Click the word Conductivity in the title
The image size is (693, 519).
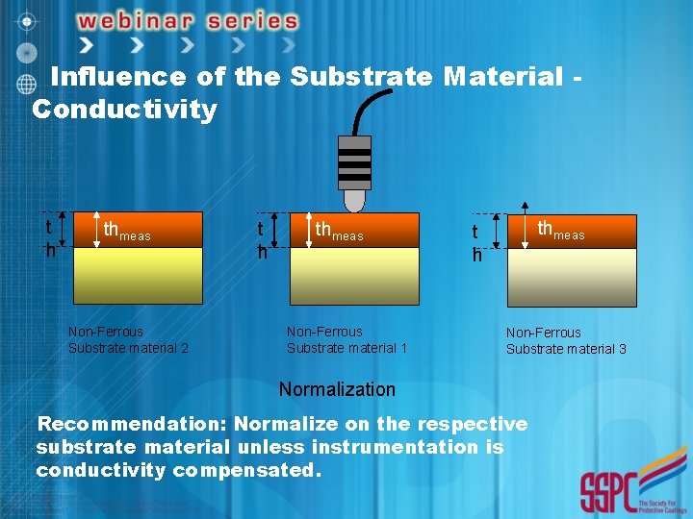point(124,110)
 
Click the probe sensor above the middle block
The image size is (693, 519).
point(354,173)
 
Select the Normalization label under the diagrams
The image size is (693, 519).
point(337,389)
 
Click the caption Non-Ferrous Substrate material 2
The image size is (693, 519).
point(128,339)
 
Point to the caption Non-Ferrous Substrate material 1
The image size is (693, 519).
point(346,339)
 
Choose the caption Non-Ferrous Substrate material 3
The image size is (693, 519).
point(566,340)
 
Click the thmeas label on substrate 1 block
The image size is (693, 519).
point(339,232)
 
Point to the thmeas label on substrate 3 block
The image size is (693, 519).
point(560,231)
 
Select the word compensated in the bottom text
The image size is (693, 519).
point(245,470)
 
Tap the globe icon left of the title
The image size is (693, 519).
point(26,84)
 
